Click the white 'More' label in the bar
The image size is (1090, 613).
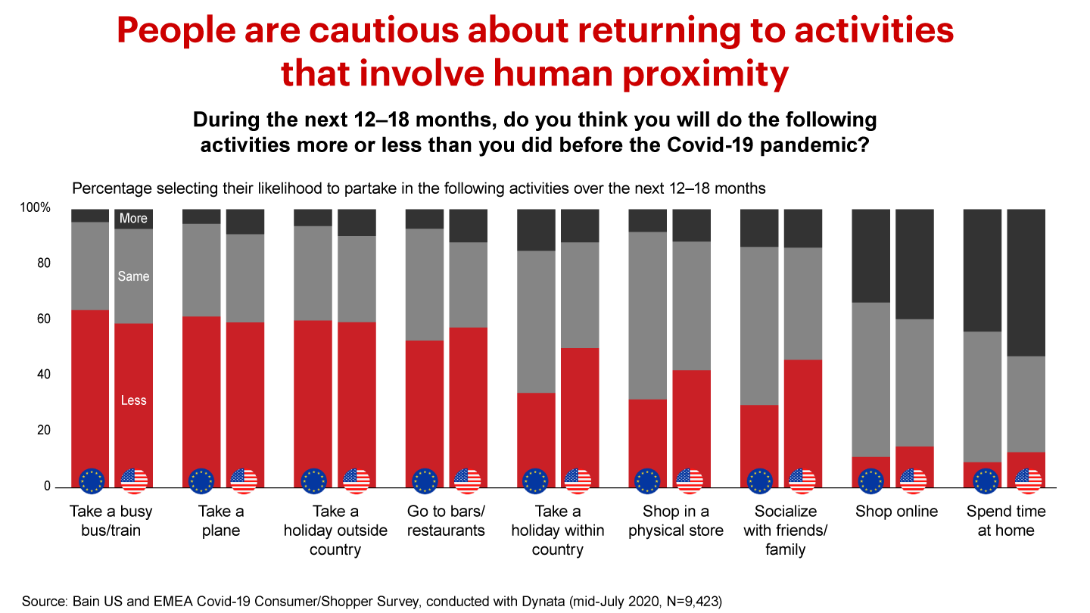coord(133,219)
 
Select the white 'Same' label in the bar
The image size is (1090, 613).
coord(133,276)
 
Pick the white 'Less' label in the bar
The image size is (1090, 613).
coord(133,400)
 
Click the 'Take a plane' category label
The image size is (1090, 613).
coord(221,521)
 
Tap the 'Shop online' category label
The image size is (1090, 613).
coord(896,512)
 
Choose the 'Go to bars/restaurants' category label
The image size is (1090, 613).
coord(446,521)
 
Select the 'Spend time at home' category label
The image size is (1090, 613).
coord(1005,521)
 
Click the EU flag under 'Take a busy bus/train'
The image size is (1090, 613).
coord(92,481)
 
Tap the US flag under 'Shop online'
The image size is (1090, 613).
coord(914,481)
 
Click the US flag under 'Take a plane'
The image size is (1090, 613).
coord(244,481)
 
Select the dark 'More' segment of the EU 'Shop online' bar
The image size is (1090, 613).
coord(871,255)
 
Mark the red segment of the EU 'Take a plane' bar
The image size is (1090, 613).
coord(201,386)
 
